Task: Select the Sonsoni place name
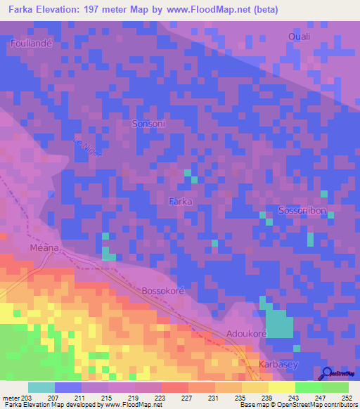(148, 123)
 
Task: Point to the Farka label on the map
(181, 201)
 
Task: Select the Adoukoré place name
(246, 335)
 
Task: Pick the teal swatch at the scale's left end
(41, 387)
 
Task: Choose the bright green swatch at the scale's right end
(335, 387)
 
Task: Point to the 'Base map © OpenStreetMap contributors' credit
(297, 405)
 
